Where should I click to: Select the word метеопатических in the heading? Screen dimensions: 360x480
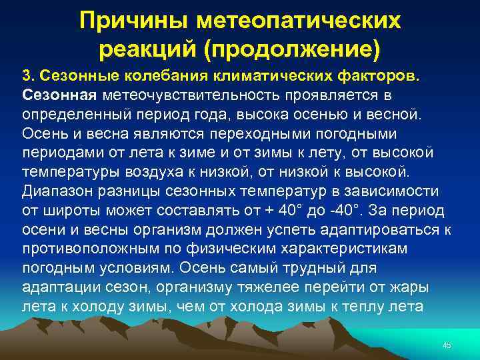(x=299, y=20)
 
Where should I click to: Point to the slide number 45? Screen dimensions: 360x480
(x=447, y=345)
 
